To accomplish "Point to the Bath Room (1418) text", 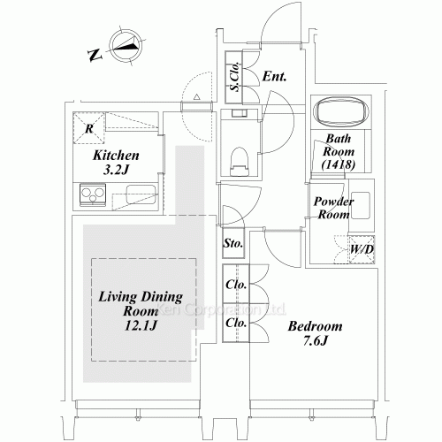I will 339,151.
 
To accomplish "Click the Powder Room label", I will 334,208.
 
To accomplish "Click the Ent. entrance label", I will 275,77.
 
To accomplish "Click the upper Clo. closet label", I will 235,286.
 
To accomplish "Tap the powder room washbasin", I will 362,201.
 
